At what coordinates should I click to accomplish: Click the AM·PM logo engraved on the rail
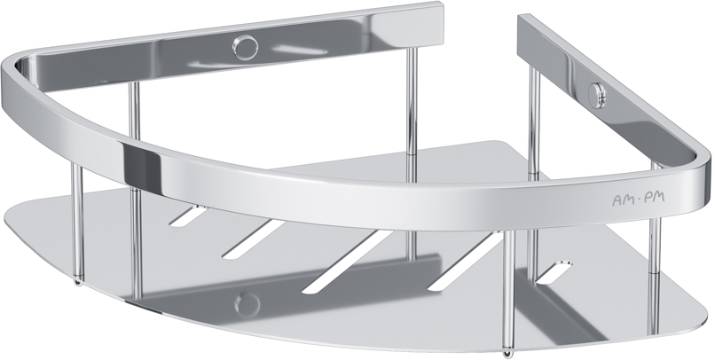pyautogui.click(x=638, y=198)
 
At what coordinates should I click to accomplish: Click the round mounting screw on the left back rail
pyautogui.click(x=245, y=47)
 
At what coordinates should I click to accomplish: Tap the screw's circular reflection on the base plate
pyautogui.click(x=247, y=304)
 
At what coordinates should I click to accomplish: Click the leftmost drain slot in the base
pyautogui.click(x=187, y=215)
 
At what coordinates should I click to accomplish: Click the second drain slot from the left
pyautogui.click(x=253, y=239)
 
